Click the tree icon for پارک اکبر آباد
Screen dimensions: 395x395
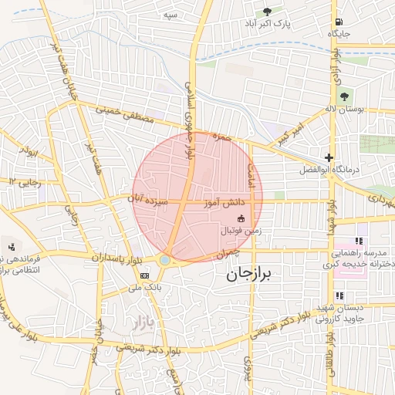(x=268, y=12)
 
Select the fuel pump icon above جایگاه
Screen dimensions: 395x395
(x=339, y=22)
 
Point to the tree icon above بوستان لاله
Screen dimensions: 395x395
(x=344, y=96)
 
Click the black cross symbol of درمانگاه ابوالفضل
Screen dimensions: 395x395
(x=329, y=157)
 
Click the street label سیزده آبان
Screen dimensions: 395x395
(x=151, y=198)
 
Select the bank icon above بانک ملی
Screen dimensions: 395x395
(x=144, y=275)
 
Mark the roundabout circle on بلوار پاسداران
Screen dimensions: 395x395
(x=165, y=261)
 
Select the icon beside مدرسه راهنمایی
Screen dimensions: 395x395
(x=358, y=241)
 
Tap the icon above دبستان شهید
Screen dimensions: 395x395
(x=339, y=295)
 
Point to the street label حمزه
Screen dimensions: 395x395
(x=222, y=137)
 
